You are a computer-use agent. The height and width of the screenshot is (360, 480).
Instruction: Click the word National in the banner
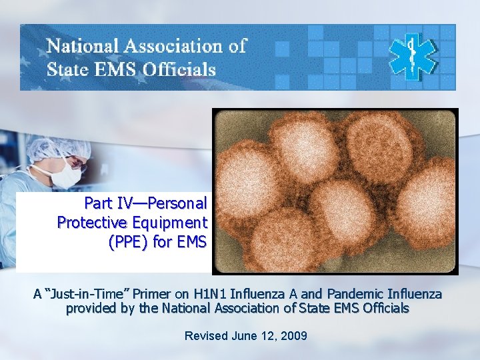click(83, 46)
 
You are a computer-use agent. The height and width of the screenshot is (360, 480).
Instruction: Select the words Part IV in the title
click(107, 203)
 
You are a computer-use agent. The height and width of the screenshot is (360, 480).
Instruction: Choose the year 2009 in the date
click(294, 335)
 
